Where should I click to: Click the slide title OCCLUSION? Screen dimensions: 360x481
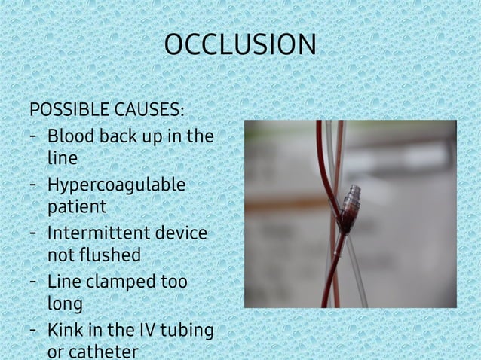click(240, 45)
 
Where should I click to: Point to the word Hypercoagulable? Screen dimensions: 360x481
click(116, 185)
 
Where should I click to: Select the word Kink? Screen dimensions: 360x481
click(65, 330)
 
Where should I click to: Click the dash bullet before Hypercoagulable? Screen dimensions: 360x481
click(35, 185)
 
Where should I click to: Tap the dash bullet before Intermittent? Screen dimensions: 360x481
click(35, 233)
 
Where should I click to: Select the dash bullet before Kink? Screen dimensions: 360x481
click(35, 330)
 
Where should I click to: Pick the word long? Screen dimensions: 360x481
click(65, 303)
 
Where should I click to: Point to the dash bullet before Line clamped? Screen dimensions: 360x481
click(35, 282)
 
